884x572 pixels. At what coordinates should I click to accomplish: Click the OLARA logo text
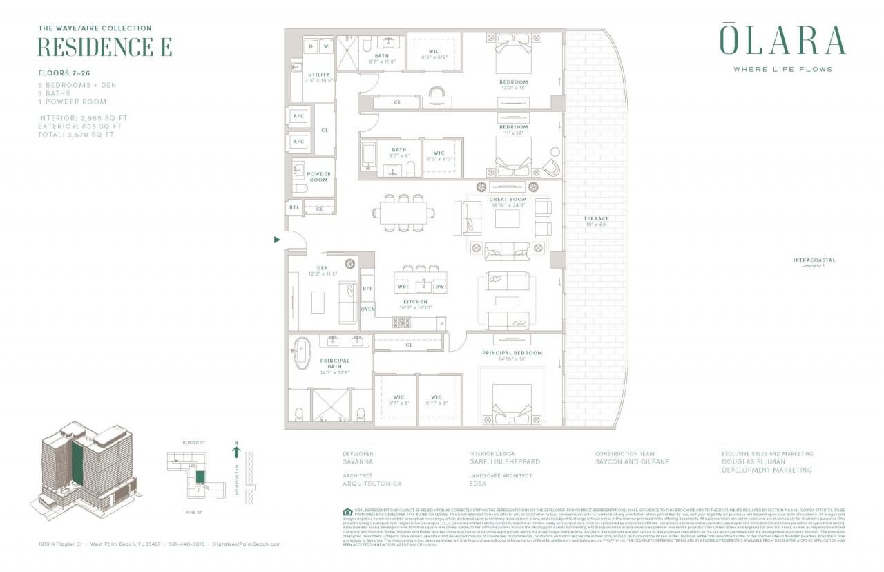(782, 40)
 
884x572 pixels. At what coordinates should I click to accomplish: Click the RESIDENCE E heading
(104, 47)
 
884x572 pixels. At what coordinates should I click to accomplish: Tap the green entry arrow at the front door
(277, 240)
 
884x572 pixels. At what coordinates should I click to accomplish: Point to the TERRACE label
(595, 219)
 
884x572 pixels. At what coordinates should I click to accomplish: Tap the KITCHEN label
(415, 302)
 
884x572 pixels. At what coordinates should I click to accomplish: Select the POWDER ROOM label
(318, 177)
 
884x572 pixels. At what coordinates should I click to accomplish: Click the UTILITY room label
(318, 75)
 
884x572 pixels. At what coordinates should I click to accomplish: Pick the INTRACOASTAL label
(814, 260)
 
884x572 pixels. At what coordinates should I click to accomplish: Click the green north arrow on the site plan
(236, 452)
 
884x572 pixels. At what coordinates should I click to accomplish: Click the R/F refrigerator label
(367, 289)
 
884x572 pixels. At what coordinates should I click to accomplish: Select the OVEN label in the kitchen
(367, 309)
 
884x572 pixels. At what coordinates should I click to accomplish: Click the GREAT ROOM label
(508, 199)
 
